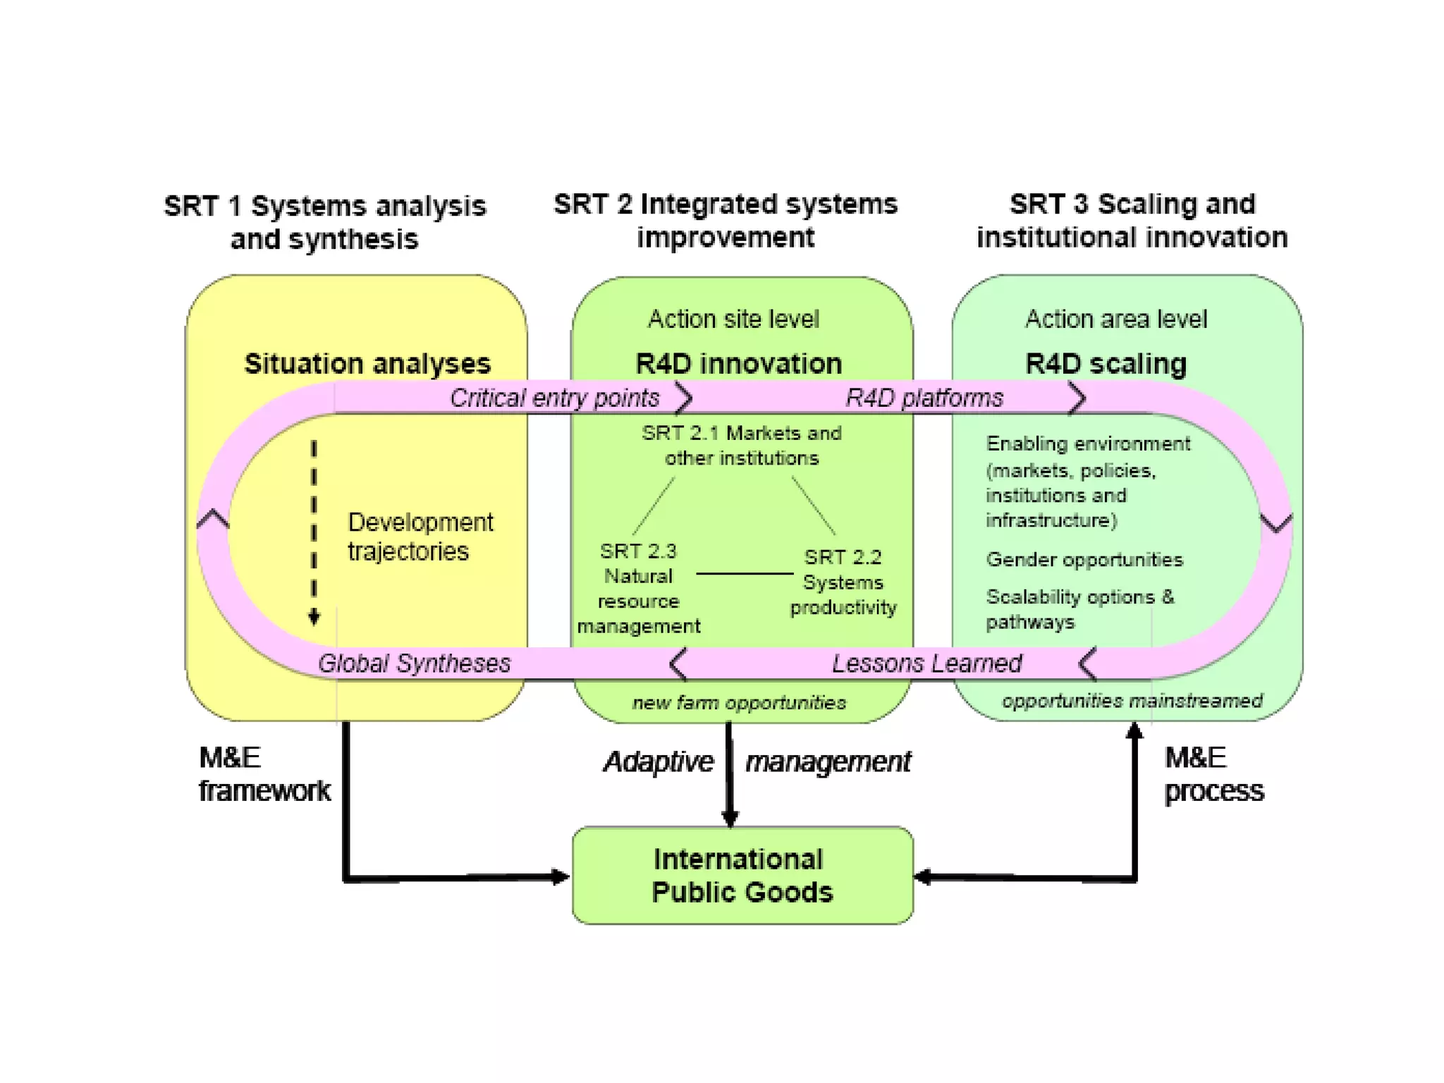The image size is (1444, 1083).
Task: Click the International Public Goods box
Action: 742,876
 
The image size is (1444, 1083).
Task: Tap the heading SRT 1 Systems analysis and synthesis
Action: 325,222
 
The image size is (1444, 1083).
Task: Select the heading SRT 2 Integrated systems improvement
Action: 726,221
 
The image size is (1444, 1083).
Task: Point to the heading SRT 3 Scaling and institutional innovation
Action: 1132,221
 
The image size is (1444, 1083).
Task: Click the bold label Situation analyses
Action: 367,364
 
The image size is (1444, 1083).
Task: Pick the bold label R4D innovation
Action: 739,364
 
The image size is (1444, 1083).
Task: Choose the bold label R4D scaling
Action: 1106,364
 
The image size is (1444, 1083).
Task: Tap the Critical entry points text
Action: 555,398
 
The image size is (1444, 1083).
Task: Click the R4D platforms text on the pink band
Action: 924,398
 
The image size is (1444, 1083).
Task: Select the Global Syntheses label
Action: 414,663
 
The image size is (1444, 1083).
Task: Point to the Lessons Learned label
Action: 926,663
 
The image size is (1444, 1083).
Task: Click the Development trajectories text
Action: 420,537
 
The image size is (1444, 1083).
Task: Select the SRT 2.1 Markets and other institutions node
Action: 742,446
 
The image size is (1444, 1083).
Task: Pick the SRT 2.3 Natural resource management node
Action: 639,589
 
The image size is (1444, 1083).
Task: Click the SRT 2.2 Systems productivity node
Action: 843,582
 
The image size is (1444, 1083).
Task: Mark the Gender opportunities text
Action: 1084,560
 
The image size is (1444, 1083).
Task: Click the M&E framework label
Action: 264,774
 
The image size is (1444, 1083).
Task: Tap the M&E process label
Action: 1213,774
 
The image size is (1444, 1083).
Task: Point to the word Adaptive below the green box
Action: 659,762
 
